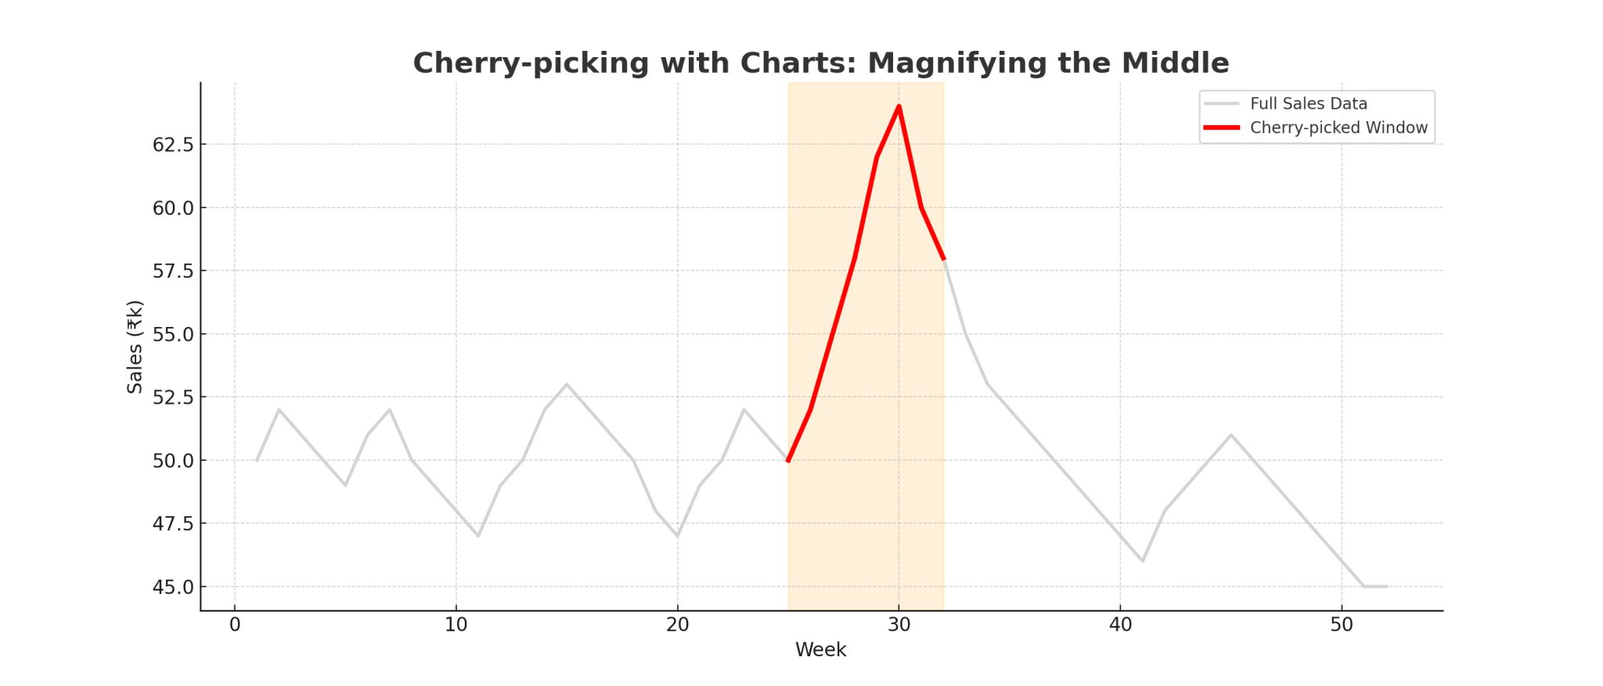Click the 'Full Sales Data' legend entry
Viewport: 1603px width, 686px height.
point(1308,103)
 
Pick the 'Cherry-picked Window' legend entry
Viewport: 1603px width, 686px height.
point(1338,128)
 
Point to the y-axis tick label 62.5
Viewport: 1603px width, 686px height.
point(173,145)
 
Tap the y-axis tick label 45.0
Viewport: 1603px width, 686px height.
point(173,587)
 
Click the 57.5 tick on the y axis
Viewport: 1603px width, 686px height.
point(173,271)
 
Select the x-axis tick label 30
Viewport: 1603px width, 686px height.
point(899,625)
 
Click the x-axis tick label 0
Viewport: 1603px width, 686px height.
point(235,625)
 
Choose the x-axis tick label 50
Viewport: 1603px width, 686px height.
point(1342,625)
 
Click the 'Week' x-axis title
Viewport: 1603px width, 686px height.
point(820,650)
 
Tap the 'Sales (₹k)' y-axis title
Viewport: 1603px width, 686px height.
point(135,347)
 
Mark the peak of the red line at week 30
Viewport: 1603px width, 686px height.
point(899,106)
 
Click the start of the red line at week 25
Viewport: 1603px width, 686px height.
point(788,460)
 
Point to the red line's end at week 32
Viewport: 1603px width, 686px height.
point(943,258)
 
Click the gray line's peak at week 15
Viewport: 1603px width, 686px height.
point(567,384)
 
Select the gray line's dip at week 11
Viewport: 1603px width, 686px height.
point(478,536)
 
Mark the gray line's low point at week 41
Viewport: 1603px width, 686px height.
point(1143,561)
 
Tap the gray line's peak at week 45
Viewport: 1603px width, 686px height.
point(1231,435)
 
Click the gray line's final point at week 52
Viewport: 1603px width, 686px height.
point(1386,587)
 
